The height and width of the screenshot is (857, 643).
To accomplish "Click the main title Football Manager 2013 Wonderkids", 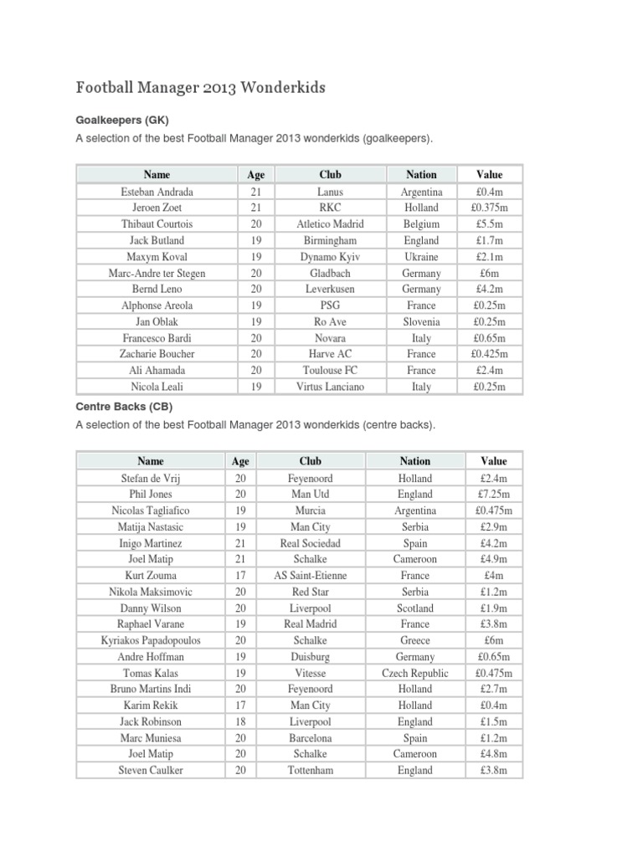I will (x=201, y=87).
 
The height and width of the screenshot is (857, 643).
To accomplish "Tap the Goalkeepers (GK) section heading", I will (x=128, y=121).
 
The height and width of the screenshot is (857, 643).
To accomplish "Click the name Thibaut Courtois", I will (x=157, y=224).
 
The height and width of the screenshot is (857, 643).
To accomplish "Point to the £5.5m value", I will (x=489, y=224).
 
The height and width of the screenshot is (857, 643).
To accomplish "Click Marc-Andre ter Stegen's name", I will (x=157, y=273).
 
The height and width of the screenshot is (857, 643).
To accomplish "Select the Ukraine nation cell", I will (x=421, y=257).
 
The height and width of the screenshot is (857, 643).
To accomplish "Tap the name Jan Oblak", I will (x=157, y=321).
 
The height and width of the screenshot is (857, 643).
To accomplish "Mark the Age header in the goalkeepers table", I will (x=256, y=175).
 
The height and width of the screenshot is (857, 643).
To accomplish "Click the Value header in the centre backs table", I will (x=494, y=461).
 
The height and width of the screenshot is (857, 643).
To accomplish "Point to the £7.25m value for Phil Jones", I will (x=494, y=494).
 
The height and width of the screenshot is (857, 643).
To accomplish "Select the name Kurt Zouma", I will (x=151, y=576).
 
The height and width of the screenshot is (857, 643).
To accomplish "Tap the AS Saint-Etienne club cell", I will (x=310, y=576).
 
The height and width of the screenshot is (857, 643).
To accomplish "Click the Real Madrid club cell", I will (x=310, y=624).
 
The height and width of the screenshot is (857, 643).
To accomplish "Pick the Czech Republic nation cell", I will (x=415, y=673).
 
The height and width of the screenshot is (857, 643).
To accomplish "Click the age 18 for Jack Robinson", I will (x=240, y=721).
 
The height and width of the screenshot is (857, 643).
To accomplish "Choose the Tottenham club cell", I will (x=310, y=770).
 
